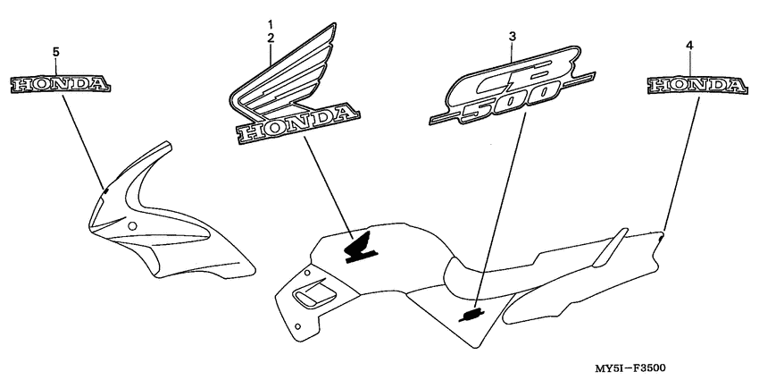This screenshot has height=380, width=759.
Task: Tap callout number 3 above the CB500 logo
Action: (512, 36)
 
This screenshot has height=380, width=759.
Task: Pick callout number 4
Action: (690, 44)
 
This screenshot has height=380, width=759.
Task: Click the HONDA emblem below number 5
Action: (61, 85)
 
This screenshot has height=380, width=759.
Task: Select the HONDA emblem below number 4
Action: (696, 85)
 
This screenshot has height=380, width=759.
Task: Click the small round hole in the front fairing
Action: (133, 227)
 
